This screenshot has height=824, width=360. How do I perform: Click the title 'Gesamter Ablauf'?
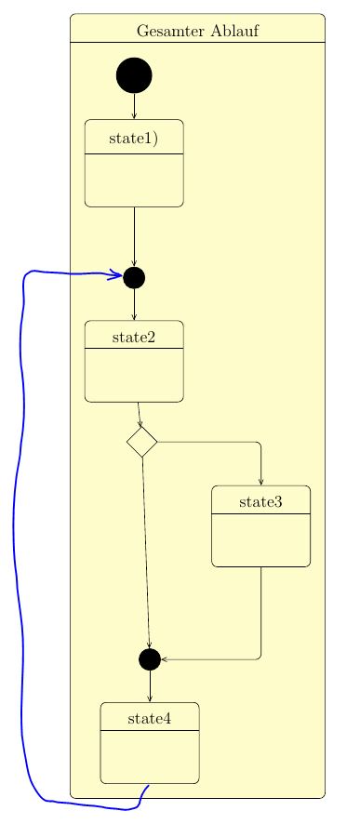(197, 31)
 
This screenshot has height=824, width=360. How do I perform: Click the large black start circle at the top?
(134, 75)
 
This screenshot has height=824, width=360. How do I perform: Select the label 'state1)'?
(133, 140)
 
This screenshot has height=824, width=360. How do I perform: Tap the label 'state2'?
(134, 337)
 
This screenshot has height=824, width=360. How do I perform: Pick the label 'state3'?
(260, 502)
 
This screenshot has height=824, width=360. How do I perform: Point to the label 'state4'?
(150, 718)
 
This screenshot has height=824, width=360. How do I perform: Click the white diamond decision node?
(141, 442)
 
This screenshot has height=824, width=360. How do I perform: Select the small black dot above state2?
(134, 277)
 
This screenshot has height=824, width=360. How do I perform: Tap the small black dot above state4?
(150, 659)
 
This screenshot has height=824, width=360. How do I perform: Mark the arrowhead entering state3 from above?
(260, 482)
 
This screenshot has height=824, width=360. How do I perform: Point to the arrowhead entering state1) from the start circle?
(134, 116)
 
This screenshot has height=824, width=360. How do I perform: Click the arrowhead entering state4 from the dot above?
(150, 698)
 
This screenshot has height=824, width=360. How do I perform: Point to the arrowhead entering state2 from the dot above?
(134, 317)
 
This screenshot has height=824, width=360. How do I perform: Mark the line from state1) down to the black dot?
(134, 236)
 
